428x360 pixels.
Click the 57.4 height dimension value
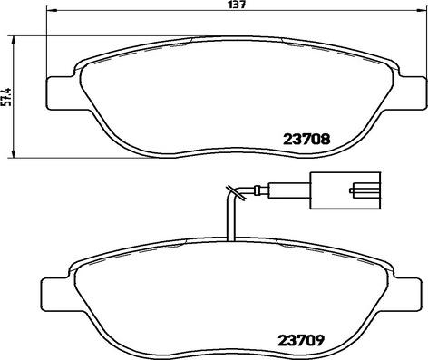coord(6,97)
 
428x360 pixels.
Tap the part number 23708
coord(306,140)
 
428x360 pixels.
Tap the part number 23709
coord(301,341)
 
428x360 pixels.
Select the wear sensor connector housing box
coord(345,190)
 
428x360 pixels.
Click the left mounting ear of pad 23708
coord(61,93)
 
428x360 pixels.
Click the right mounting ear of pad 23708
coord(412,93)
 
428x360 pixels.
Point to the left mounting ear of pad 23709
coord(54,296)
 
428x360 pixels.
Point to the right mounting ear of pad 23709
coord(406,296)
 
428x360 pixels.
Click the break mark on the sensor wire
coord(236,192)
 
